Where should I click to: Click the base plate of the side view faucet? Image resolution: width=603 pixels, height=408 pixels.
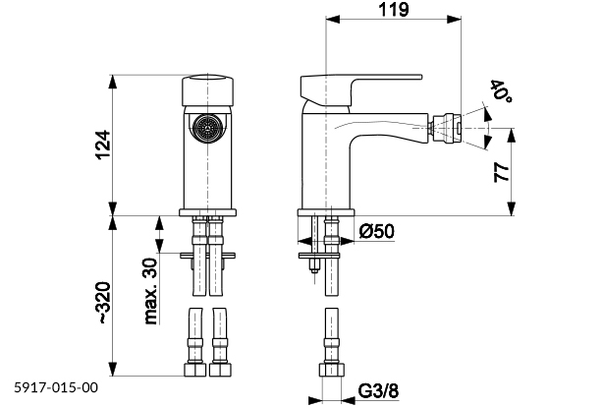click(x=326, y=211)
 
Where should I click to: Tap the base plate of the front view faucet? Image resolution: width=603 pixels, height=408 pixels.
click(x=207, y=211)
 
